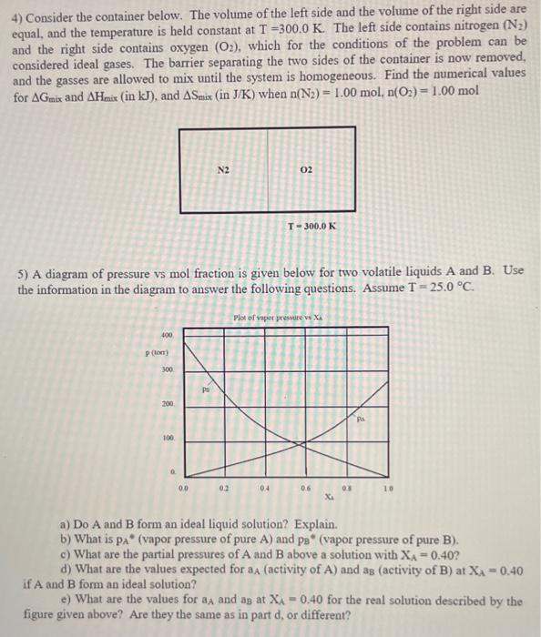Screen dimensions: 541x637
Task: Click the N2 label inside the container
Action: point(223,170)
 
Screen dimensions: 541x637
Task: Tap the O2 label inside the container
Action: point(305,170)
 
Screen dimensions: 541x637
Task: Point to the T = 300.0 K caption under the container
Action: point(311,225)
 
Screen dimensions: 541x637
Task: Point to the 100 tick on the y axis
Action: point(168,439)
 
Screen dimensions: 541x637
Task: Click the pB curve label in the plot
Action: point(207,387)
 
